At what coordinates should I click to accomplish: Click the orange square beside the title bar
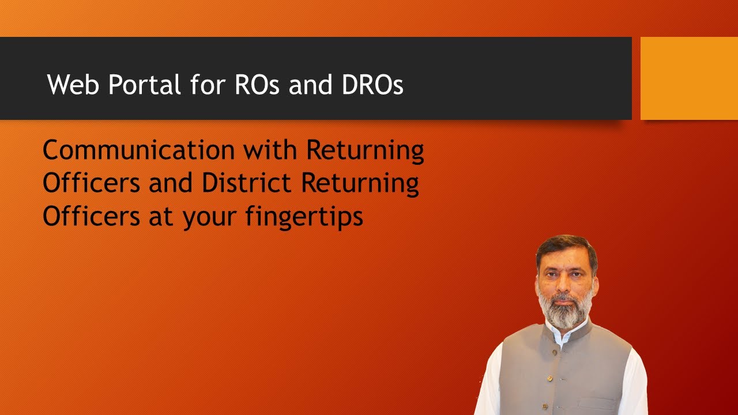coord(689,78)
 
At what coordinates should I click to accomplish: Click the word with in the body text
coord(270,151)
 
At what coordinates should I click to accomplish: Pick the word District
coord(246,183)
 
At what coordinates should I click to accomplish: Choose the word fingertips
coord(304,218)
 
